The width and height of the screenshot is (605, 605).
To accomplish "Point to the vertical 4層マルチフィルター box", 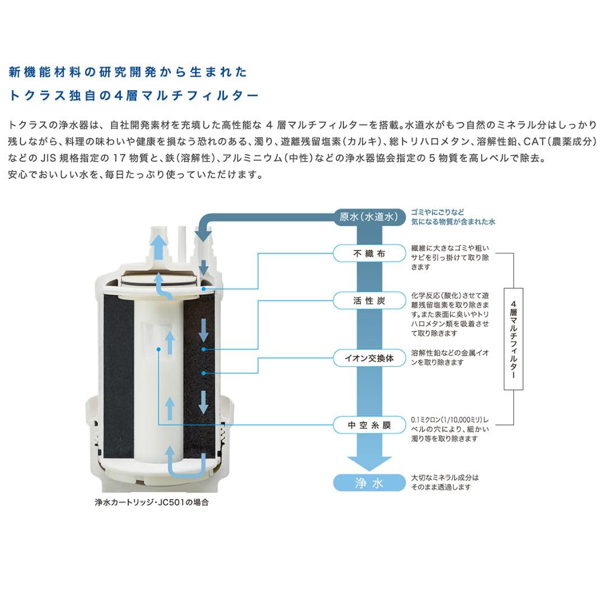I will (x=513, y=339).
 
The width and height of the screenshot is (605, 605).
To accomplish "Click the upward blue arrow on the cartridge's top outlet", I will (x=159, y=245).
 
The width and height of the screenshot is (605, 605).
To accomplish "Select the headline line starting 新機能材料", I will (x=128, y=72).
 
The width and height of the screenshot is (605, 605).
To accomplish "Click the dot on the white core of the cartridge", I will (x=159, y=348).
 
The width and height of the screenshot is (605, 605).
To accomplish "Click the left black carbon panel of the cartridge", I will (x=119, y=375).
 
